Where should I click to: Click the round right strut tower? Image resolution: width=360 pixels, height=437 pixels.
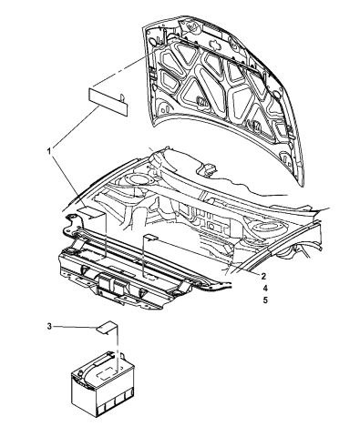(x=273, y=225)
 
